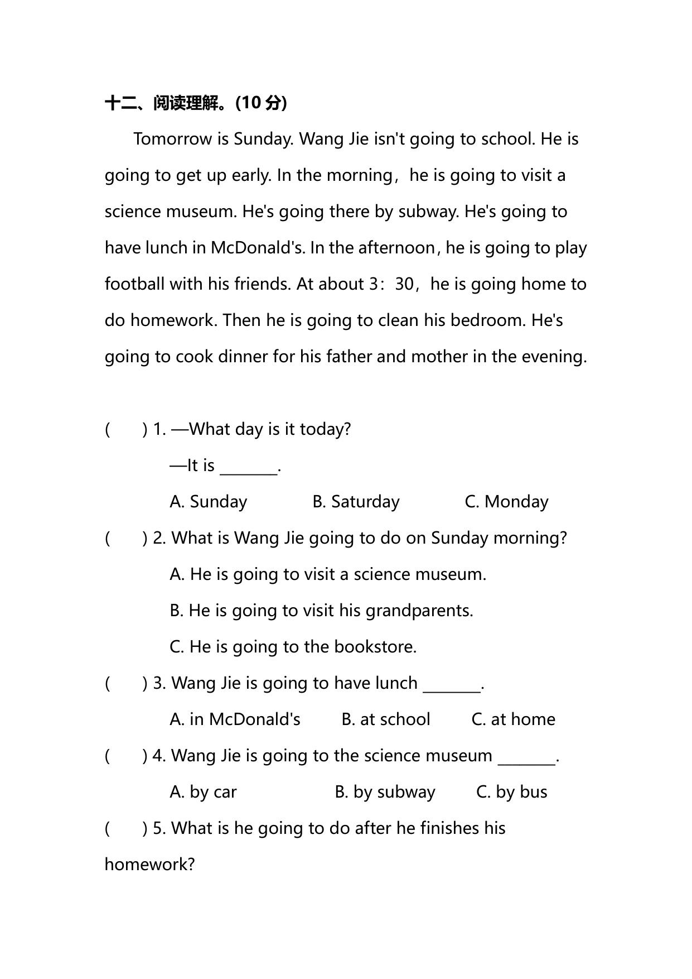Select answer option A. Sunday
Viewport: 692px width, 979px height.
(x=208, y=502)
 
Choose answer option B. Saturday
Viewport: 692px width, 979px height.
(x=356, y=502)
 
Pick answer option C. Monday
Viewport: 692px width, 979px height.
(x=506, y=502)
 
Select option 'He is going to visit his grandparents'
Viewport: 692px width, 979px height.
(x=321, y=611)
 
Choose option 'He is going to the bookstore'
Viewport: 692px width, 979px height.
(x=293, y=647)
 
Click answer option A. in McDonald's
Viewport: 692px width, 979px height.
(x=235, y=719)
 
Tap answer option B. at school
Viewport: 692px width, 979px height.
(x=385, y=719)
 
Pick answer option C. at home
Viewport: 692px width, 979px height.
(x=513, y=719)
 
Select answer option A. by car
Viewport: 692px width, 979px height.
(x=203, y=792)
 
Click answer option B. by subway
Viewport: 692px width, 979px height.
(x=385, y=792)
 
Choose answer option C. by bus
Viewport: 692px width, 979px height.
(x=511, y=792)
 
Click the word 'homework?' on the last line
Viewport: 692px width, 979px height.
(x=149, y=865)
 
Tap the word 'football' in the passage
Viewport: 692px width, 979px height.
(x=134, y=284)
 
